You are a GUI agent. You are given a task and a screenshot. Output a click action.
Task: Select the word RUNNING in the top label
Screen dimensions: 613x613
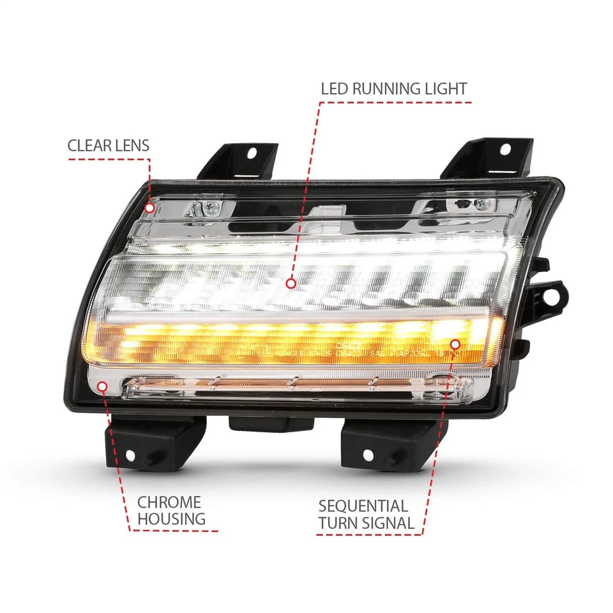390,89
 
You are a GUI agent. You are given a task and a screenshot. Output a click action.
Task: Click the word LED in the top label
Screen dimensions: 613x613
334,89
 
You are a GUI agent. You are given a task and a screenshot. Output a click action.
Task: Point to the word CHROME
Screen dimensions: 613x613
169,503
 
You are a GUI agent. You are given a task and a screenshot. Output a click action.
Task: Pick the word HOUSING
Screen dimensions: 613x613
172,519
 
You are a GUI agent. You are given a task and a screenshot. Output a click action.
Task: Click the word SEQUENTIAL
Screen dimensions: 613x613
363,506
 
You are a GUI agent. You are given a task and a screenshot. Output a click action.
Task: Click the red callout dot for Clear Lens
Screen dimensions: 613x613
149,208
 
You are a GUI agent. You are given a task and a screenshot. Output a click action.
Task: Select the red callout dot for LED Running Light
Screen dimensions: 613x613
291,282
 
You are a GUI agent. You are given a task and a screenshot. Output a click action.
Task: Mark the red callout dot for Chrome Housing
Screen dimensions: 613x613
103,385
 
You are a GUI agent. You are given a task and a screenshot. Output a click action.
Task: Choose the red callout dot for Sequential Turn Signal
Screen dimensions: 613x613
455,344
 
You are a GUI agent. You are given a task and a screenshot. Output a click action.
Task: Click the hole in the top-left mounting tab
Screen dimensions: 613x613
251,153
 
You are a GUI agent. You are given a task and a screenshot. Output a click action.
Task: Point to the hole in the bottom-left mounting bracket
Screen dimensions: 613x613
130,455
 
